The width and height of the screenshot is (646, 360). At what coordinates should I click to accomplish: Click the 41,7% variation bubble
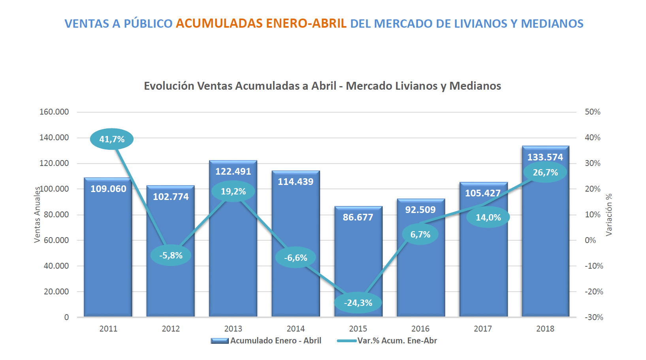[112, 139]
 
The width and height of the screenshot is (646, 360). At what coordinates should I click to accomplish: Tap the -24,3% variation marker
[358, 303]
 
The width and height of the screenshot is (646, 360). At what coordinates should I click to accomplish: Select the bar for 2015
[358, 261]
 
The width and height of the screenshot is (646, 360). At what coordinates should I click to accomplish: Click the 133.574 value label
[545, 157]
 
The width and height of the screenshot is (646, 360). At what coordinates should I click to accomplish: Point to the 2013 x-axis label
[233, 329]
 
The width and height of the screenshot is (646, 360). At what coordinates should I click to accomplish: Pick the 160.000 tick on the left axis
[54, 112]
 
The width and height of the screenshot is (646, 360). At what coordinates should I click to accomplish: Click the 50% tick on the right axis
[592, 112]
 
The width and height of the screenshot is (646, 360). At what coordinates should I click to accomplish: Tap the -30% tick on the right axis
[594, 317]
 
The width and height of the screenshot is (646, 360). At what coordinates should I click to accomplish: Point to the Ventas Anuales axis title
[37, 215]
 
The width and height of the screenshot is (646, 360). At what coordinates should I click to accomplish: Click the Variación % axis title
[609, 215]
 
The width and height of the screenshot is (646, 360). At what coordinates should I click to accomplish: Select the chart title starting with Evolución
[322, 86]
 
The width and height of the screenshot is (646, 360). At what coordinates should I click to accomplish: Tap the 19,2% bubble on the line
[233, 191]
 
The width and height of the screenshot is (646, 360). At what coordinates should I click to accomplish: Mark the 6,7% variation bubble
[420, 234]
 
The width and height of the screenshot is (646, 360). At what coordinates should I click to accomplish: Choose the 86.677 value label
[358, 217]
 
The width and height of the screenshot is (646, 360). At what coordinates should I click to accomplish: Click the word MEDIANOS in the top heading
[552, 23]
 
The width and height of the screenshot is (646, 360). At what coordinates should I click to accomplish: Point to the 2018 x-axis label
[545, 329]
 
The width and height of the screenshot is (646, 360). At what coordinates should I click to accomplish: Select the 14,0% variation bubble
[488, 217]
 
